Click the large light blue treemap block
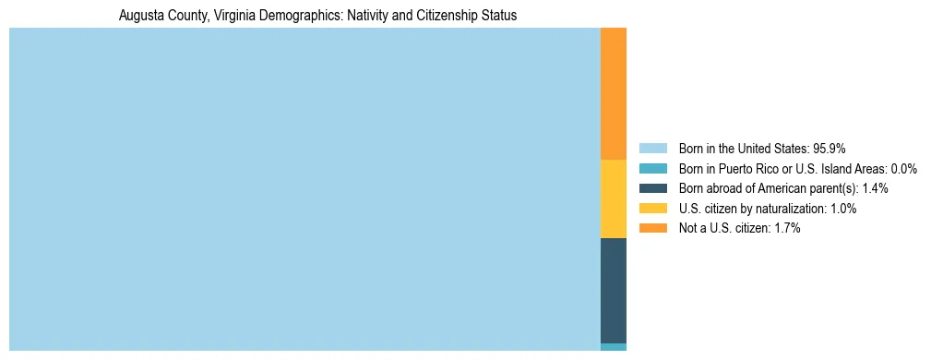(x=304, y=189)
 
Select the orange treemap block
(x=614, y=93)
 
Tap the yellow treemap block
(x=614, y=198)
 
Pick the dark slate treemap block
(x=614, y=290)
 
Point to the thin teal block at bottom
(x=614, y=347)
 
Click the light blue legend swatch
(x=652, y=149)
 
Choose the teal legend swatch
(x=652, y=169)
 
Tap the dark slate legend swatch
(x=652, y=188)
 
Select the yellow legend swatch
(x=652, y=209)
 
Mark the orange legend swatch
(x=652, y=228)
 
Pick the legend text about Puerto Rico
(x=782, y=169)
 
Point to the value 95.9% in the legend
(x=830, y=149)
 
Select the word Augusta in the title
(x=142, y=16)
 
